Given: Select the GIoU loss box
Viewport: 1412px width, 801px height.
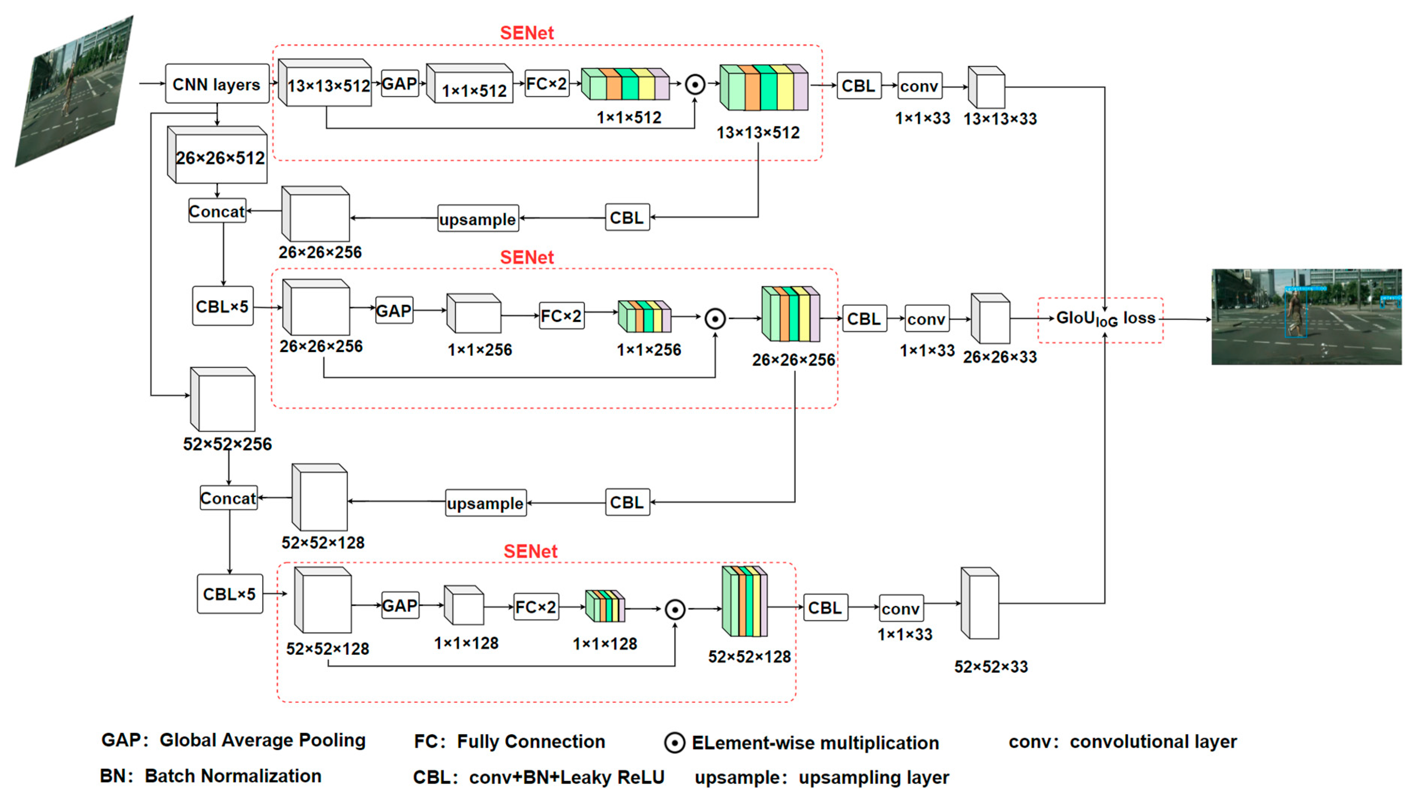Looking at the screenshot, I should [1101, 319].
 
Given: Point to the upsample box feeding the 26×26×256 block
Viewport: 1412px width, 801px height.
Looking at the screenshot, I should [478, 219].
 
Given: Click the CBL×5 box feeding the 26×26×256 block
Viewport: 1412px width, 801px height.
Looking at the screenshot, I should [223, 306].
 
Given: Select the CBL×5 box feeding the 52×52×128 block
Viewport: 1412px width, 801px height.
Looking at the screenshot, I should [230, 594].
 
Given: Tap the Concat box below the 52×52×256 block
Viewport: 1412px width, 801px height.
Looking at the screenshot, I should [228, 498].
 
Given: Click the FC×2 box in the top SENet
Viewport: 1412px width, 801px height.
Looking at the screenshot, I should [547, 84].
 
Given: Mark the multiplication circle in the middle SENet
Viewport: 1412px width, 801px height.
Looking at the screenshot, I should [715, 318].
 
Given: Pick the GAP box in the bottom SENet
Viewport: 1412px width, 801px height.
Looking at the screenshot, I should [400, 606].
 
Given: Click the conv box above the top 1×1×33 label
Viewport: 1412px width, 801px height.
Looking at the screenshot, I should [919, 86].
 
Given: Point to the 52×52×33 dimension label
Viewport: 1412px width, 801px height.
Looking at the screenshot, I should [990, 667].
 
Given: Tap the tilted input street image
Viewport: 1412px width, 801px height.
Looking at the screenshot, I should [74, 91].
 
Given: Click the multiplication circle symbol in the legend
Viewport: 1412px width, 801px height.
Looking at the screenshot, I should [674, 742].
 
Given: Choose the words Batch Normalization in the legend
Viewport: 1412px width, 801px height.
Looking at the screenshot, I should [233, 776].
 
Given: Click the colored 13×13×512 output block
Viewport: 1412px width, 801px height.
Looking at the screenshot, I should [764, 88].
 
